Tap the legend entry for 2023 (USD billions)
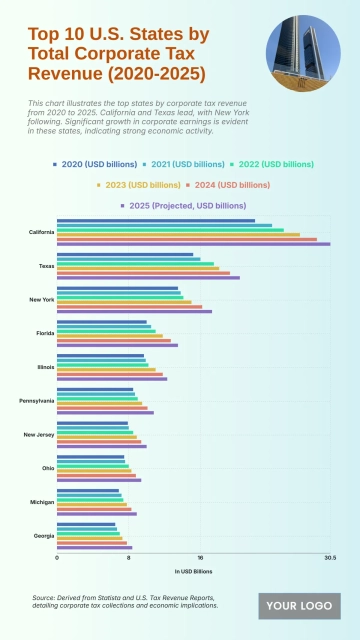(x=134, y=184)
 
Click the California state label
(x=42, y=232)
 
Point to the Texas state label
(x=47, y=266)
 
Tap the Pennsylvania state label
(x=38, y=401)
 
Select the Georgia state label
(x=44, y=536)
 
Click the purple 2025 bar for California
(x=193, y=244)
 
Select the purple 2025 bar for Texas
(x=148, y=277)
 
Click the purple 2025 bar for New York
(x=134, y=311)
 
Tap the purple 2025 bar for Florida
(x=117, y=345)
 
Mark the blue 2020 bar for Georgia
(x=86, y=524)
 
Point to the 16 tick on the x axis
(x=200, y=558)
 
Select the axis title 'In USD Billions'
(x=193, y=571)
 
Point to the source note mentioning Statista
(x=125, y=601)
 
